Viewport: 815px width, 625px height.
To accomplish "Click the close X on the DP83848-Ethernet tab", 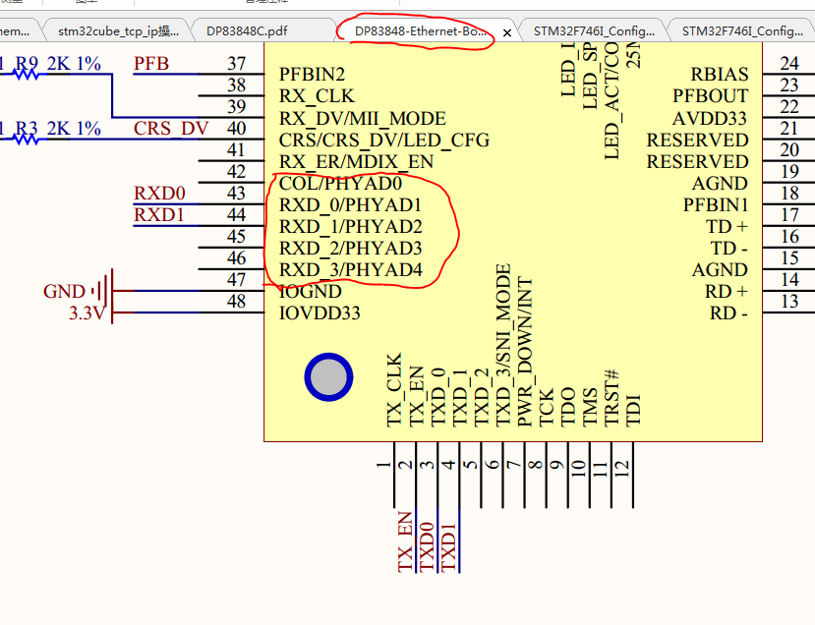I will coord(507,32).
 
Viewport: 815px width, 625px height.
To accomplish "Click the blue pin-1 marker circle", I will coord(328,378).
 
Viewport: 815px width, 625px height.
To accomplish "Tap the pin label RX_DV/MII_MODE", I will coord(362,118).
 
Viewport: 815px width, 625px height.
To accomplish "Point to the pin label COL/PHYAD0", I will coord(340,183).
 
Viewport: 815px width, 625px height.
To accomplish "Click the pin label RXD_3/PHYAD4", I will coord(350,269).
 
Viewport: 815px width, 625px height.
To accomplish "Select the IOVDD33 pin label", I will coord(320,313).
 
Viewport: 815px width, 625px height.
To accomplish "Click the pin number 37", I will coord(236,64).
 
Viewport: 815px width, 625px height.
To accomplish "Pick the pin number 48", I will coord(236,302).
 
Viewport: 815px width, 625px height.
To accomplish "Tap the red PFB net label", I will coord(151,65).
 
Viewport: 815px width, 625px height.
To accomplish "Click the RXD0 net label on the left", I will coord(159,193).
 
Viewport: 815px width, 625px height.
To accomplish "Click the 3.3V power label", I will coord(87,313).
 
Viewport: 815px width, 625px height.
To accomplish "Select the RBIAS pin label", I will coord(719,75).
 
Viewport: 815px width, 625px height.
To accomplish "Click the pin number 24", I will coord(788,64).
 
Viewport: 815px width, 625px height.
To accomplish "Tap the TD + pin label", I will coord(727,226).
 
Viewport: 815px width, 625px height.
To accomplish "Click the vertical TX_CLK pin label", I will coord(394,389).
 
